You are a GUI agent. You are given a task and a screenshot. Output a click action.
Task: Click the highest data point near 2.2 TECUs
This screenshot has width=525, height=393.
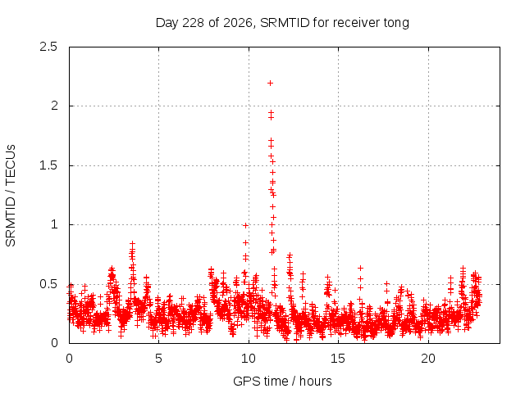(270, 84)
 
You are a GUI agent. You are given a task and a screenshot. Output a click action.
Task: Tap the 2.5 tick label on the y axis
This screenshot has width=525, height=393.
(48, 47)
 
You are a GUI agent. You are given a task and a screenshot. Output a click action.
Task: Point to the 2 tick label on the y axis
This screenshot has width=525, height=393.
(54, 106)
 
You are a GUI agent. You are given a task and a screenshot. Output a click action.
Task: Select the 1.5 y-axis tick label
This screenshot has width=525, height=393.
(48, 165)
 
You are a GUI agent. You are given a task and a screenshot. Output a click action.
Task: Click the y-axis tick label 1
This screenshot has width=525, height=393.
(54, 224)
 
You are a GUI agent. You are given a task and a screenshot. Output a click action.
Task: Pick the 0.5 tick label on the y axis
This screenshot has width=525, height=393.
(48, 284)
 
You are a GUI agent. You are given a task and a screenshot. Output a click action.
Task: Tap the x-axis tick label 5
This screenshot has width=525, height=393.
(158, 359)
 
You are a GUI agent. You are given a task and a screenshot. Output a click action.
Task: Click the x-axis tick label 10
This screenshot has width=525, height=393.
(249, 359)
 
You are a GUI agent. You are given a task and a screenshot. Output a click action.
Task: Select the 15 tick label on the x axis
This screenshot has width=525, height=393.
(338, 359)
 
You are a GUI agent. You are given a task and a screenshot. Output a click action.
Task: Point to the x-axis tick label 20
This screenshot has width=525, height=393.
(428, 359)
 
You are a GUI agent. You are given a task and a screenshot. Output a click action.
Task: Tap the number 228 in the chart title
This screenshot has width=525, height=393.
(193, 23)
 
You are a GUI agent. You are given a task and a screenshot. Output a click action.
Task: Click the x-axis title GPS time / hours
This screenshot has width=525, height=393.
(282, 381)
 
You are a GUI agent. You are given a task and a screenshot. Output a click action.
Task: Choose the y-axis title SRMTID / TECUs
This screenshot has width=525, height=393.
(11, 196)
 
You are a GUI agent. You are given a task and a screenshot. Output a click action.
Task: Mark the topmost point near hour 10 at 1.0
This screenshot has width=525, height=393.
(246, 226)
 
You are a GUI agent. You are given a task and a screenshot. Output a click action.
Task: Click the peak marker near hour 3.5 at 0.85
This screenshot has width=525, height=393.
(133, 243)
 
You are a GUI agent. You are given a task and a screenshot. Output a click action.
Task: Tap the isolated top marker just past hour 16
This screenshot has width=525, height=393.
(360, 268)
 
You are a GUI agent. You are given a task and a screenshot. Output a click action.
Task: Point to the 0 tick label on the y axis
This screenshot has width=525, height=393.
(54, 343)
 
